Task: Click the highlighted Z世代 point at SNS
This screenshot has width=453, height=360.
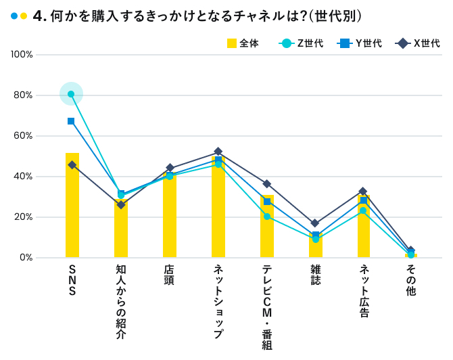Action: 71,94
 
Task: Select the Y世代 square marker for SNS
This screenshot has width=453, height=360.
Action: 71,121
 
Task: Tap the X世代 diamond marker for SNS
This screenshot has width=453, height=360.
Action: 72,164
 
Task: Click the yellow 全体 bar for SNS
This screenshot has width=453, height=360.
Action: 72,210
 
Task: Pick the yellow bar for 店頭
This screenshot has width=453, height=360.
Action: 170,217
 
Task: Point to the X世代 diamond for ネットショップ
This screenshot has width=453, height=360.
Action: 218,152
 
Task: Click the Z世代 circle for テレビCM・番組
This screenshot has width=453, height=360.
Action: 267,217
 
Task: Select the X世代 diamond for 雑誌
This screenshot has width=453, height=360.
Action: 316,223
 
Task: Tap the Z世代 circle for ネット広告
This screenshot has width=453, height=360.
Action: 364,210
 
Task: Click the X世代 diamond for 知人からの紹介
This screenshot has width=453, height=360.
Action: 121,204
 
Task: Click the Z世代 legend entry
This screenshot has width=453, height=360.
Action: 301,44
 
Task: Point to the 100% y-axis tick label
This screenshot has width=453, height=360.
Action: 22,54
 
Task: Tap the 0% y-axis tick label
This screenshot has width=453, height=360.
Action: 26,257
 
